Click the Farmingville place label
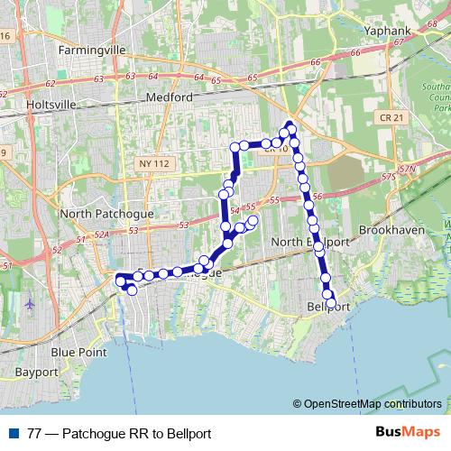(94, 51)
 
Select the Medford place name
(169, 97)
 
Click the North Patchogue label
(106, 215)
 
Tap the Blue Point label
(76, 352)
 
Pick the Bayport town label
(37, 372)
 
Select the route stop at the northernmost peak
(290, 125)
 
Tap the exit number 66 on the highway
(315, 62)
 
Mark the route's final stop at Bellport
(331, 303)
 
